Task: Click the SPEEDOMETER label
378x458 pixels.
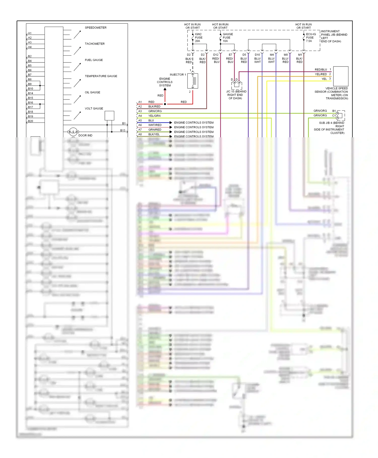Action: point(96,28)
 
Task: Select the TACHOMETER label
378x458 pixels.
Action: point(94,44)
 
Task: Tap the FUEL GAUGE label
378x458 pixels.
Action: point(94,60)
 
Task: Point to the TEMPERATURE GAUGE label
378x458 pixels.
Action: point(101,76)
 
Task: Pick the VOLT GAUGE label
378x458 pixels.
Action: point(94,109)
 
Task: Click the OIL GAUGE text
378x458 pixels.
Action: point(92,92)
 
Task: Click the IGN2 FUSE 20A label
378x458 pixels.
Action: point(199,38)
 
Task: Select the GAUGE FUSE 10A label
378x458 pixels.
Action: point(228,38)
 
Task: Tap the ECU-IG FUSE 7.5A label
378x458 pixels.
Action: point(311,38)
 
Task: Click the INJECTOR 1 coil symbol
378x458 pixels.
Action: point(193,81)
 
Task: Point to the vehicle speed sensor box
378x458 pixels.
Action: point(341,76)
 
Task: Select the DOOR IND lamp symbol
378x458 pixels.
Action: point(73,132)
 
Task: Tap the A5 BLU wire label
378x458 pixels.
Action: point(151,120)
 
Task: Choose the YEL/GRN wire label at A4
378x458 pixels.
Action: point(154,116)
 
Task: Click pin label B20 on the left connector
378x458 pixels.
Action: point(30,121)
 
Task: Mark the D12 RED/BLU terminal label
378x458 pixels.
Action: point(216,58)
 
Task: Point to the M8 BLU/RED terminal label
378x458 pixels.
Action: point(286,58)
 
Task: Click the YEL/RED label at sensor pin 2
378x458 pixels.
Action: point(321,74)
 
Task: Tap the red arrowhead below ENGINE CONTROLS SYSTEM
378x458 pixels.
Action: point(165,89)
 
